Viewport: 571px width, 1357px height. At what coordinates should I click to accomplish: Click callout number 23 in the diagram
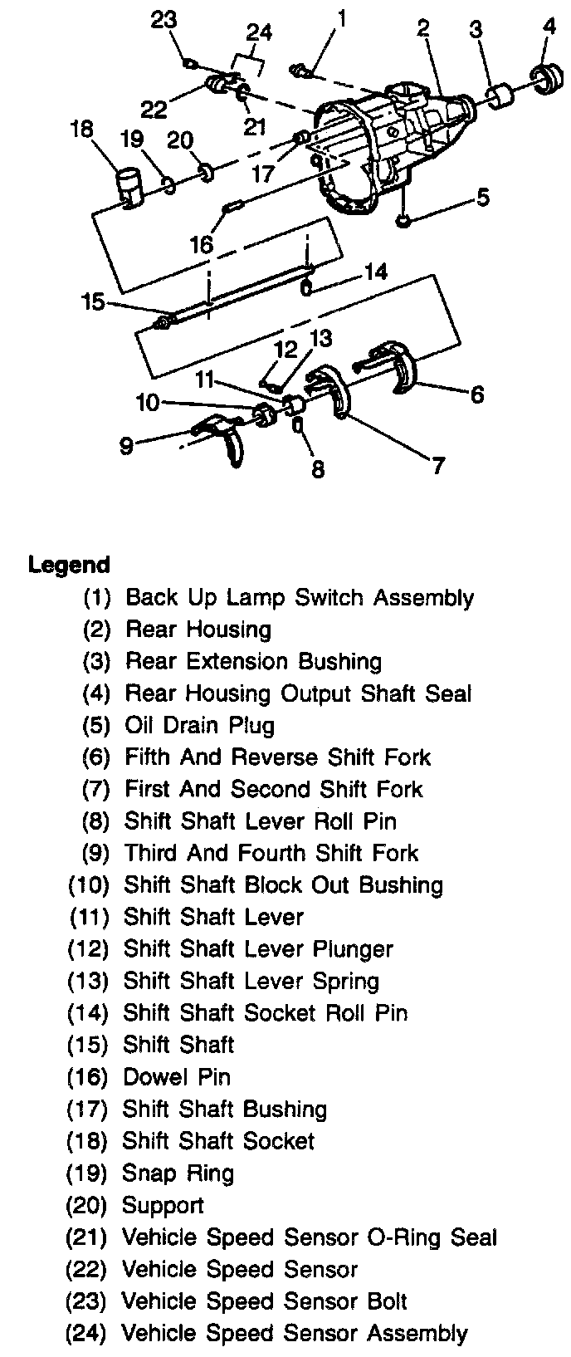point(164,19)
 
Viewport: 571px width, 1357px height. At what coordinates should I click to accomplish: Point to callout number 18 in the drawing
point(82,131)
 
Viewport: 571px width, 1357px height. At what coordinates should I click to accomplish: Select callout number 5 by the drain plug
point(482,198)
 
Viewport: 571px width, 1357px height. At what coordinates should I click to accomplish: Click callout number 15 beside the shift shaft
point(93,301)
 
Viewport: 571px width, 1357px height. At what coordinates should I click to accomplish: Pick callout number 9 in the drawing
point(126,446)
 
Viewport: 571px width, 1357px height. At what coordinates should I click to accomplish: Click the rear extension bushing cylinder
point(500,96)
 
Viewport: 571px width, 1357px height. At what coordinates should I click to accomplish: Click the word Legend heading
point(69,565)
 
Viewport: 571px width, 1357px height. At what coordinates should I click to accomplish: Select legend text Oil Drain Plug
point(199,725)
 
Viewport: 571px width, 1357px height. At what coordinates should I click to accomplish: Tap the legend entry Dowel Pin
point(177,1077)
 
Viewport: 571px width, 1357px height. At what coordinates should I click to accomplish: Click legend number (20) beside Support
point(87,1205)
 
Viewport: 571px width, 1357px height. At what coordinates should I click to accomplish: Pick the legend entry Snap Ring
point(178,1173)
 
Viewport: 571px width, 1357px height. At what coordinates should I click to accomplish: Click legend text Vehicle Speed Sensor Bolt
point(265,1301)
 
